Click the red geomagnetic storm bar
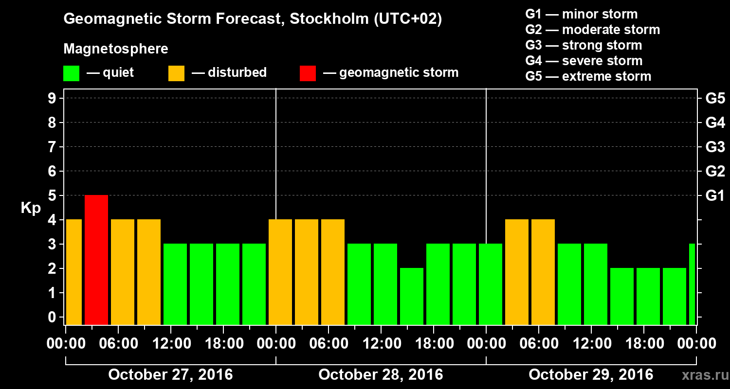coord(96,260)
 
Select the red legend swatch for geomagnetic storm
coord(308,73)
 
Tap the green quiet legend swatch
coord(71,73)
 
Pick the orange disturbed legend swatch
coord(176,73)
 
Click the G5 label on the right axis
coord(715,99)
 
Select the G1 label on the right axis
coord(715,196)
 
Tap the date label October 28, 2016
coord(381,375)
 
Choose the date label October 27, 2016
coord(170,375)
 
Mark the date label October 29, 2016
coord(591,375)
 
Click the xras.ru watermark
coord(701,375)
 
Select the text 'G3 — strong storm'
coord(584,45)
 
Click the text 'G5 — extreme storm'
coord(588,76)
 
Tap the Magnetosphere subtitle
coord(116,49)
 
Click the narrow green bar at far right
coord(692,284)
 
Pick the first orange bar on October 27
coord(73,272)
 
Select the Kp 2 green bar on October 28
coord(412,296)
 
